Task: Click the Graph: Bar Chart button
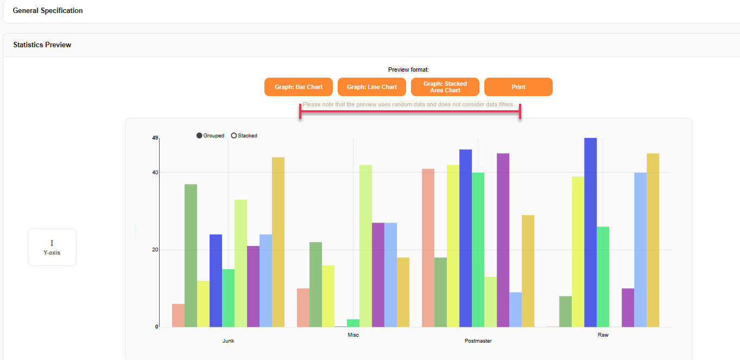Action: [298, 87]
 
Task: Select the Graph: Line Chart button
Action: [371, 87]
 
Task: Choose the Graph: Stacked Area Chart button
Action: [445, 87]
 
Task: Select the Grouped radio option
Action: [200, 136]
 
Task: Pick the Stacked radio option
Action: [234, 136]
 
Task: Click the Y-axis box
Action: [52, 247]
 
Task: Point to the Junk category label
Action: [228, 341]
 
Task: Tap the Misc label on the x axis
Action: [353, 335]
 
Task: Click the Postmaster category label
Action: [478, 341]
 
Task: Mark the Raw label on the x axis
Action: [603, 335]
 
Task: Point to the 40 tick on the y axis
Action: [155, 173]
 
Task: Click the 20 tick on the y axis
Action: [155, 250]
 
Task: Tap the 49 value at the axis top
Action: [155, 138]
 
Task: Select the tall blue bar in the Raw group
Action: [590, 233]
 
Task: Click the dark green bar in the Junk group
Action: [191, 255]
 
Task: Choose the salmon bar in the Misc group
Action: [303, 307]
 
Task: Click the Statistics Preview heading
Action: [42, 45]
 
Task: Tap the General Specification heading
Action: [48, 10]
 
